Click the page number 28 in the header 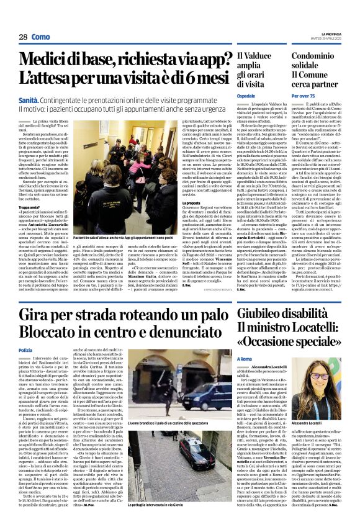(x=22, y=37)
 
